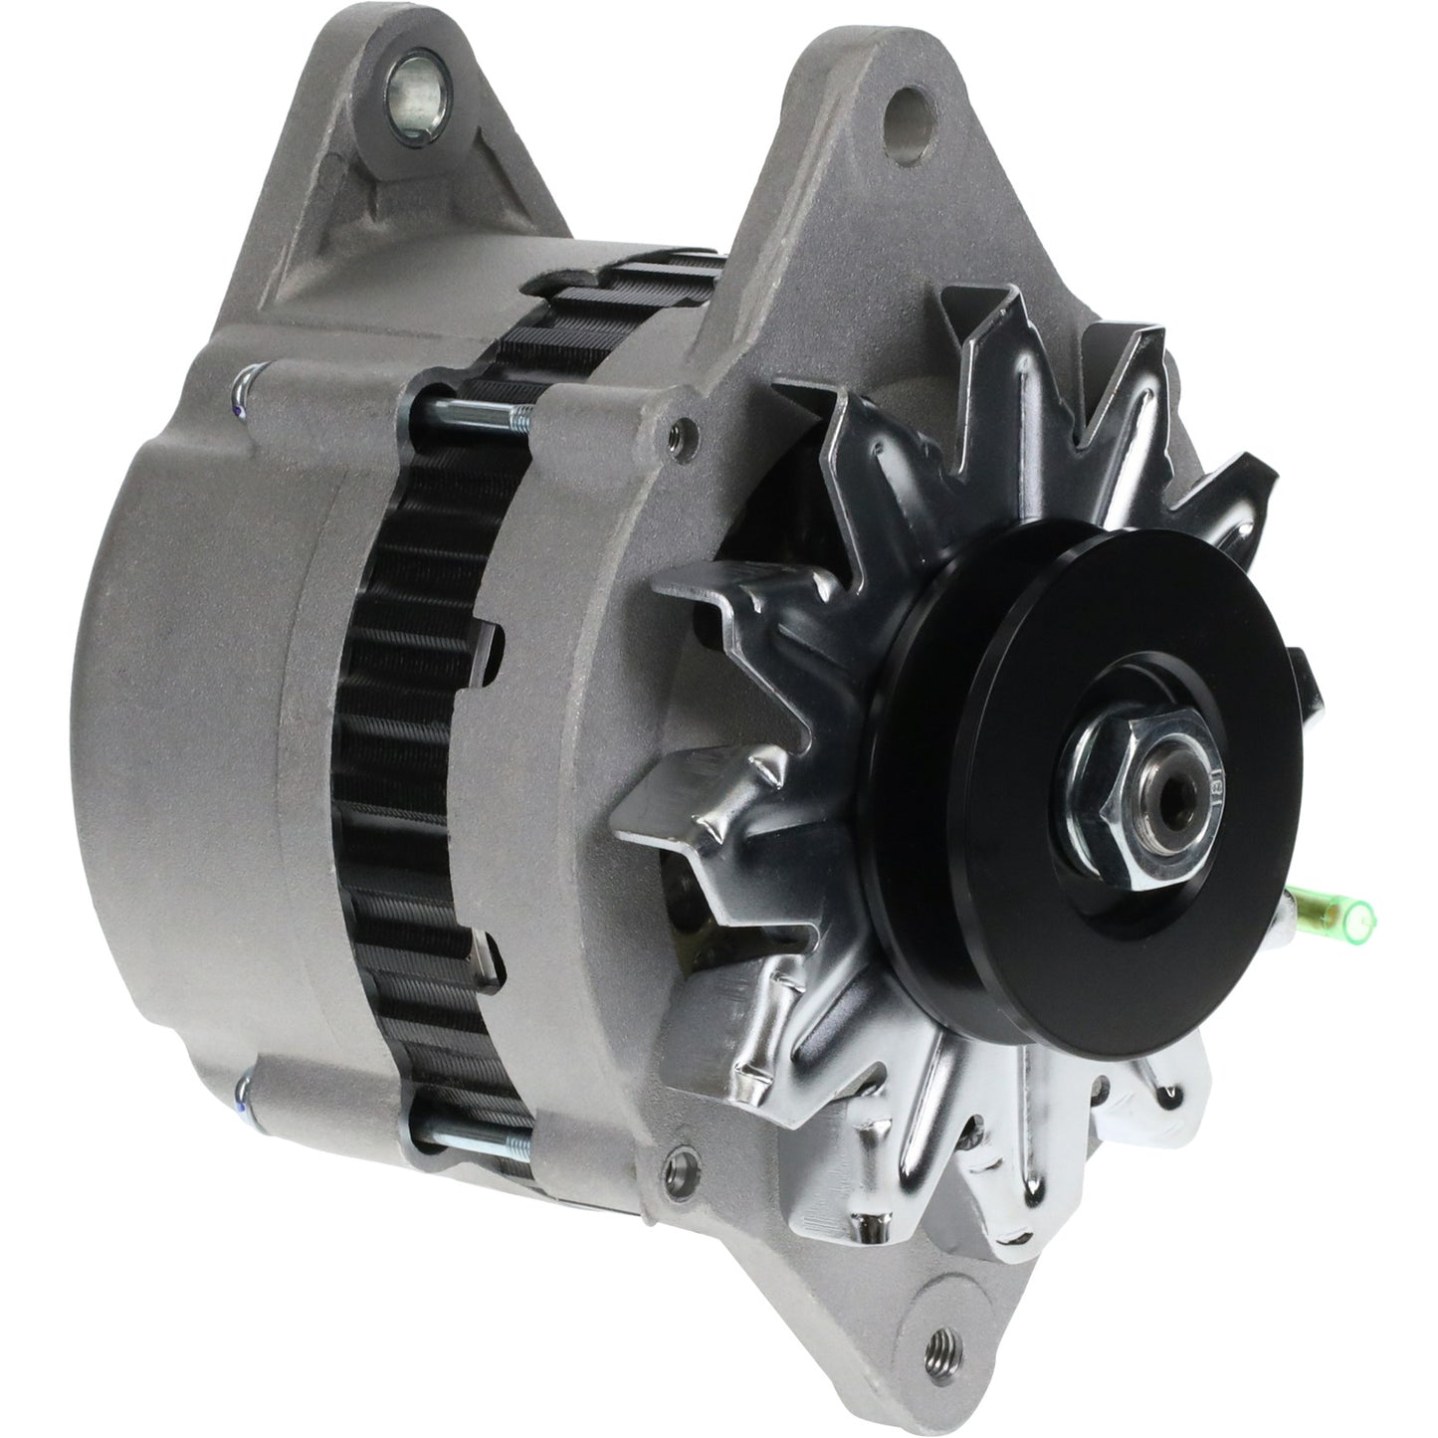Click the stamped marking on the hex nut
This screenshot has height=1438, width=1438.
click(x=1215, y=786)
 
